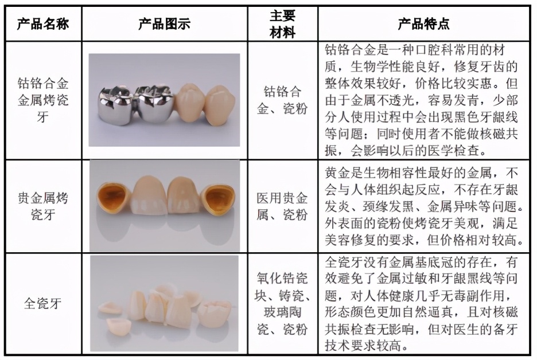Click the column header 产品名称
42,24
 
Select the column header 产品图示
164,24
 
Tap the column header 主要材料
282,24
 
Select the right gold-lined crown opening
220,199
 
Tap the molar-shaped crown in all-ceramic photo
214,313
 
